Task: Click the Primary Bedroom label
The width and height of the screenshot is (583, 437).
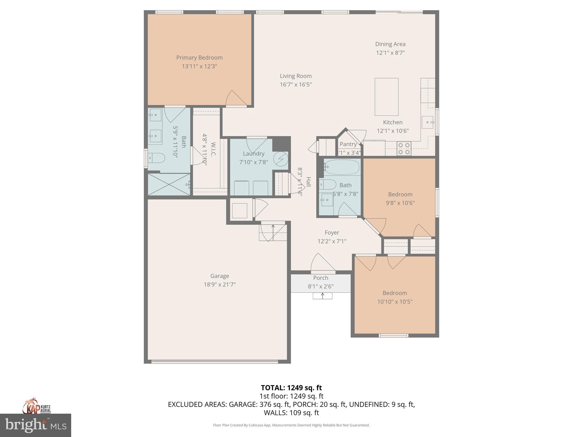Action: coord(199,58)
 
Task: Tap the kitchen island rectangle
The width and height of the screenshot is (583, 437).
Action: coord(386,97)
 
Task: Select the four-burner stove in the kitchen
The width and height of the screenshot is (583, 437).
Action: coord(404,149)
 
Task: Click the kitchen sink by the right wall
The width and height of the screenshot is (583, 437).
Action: coord(428,122)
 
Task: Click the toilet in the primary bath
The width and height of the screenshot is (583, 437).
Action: coord(156,158)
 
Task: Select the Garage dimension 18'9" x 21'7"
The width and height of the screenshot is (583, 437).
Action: coord(219,285)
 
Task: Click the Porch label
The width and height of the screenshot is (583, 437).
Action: coord(321,278)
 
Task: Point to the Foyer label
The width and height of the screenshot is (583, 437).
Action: coord(332,233)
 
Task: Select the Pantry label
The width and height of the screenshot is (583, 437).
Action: coord(348,144)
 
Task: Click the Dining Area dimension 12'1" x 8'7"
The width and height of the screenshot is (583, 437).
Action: coord(390,53)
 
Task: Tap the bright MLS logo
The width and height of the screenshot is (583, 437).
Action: coord(36,425)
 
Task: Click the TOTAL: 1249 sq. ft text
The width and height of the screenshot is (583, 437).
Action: coord(291,388)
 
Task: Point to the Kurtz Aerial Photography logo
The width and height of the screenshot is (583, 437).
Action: coord(36,406)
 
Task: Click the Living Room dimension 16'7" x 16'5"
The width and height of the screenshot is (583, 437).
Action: coord(296,84)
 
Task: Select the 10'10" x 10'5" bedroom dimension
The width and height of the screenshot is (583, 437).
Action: coord(395,302)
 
